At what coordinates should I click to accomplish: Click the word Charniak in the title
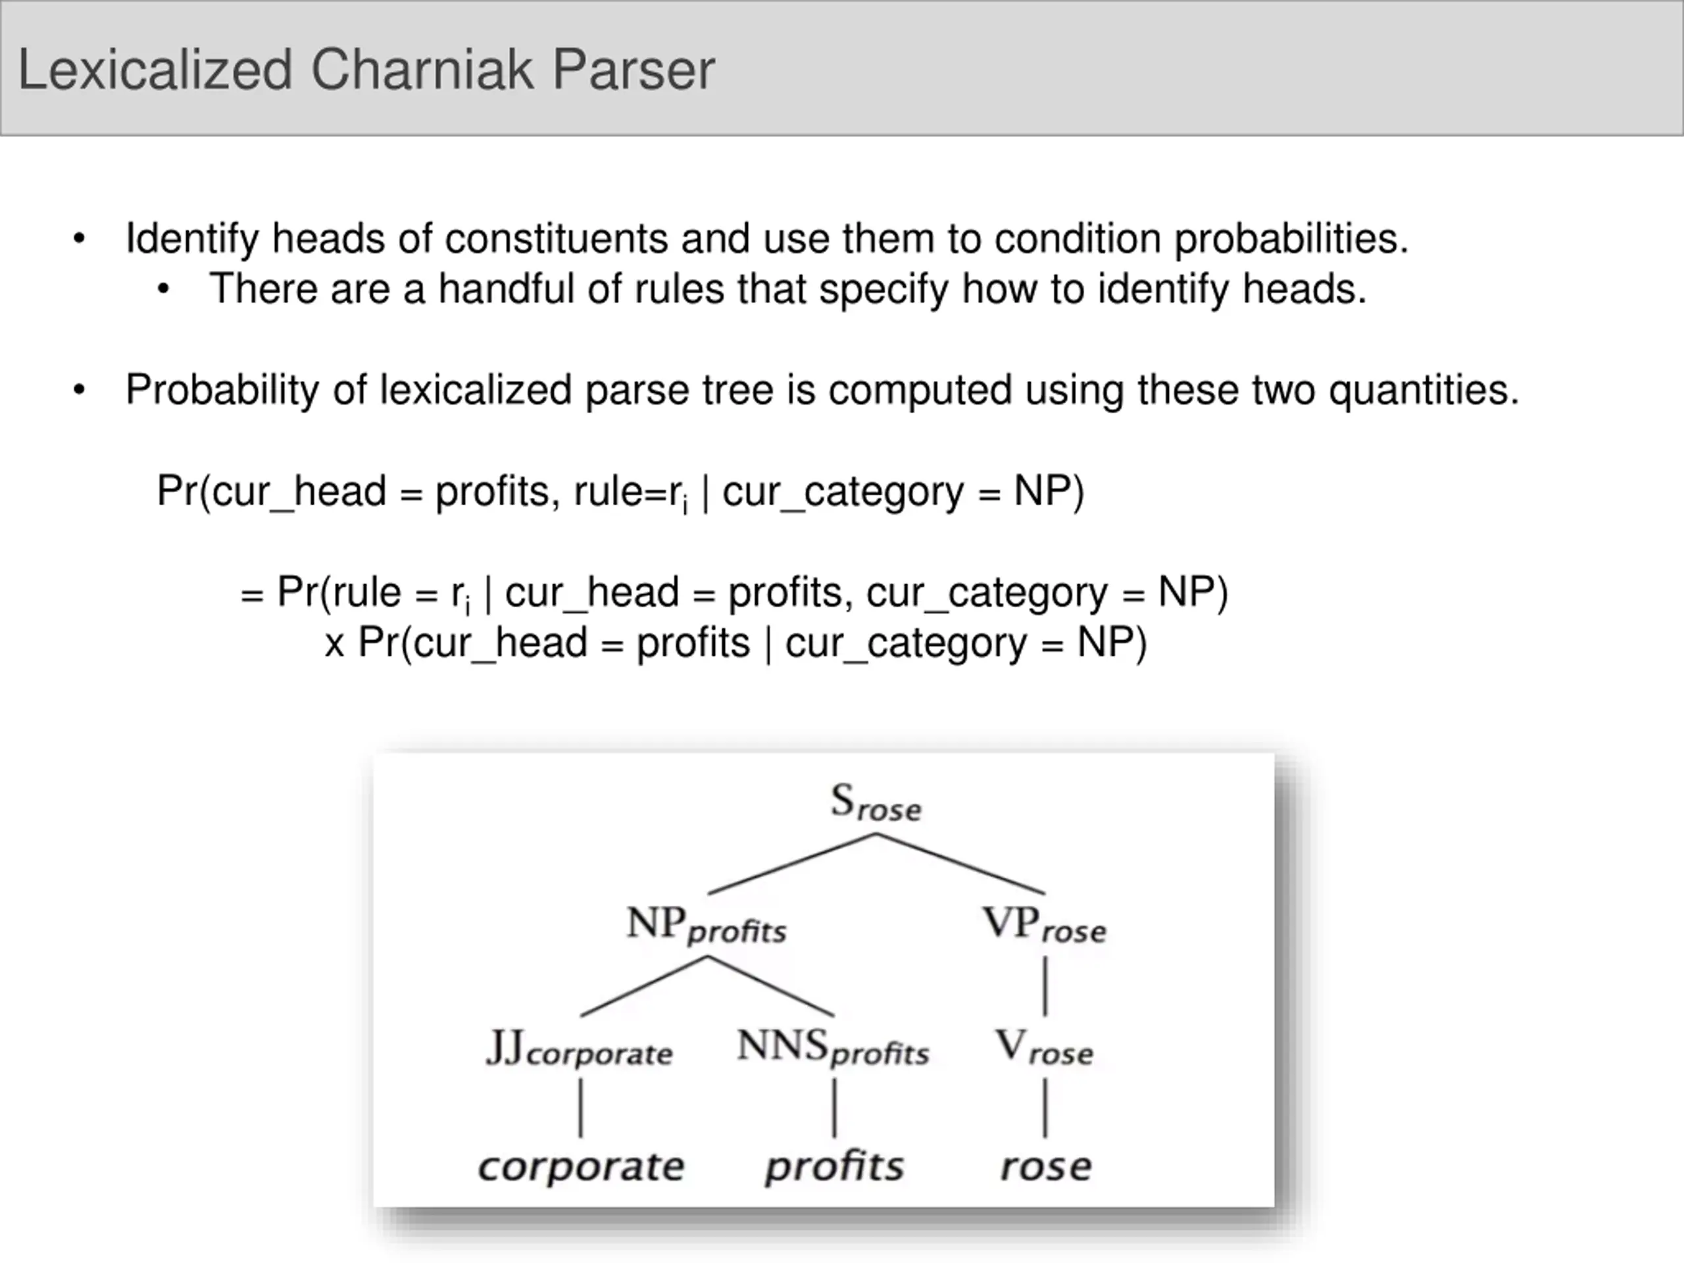422,69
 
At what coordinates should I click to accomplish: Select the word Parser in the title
633,69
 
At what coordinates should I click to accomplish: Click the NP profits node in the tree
706,926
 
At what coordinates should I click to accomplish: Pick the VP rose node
1044,926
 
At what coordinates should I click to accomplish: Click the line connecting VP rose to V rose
1045,986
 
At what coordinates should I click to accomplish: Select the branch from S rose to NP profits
792,864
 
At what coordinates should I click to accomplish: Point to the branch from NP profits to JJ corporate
643,986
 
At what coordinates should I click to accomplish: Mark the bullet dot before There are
163,290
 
